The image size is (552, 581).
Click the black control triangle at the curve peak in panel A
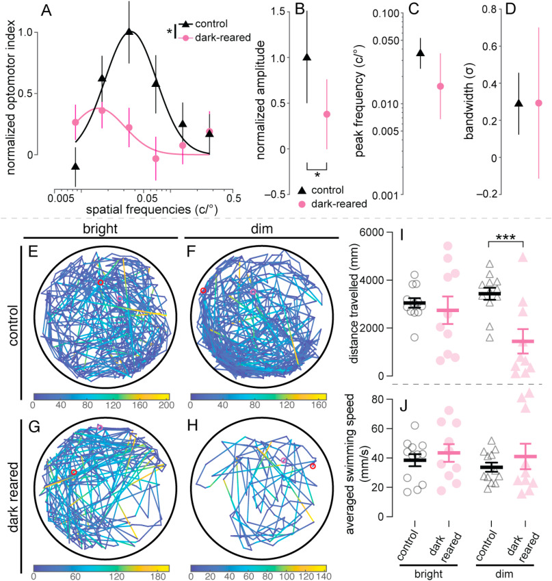coord(129,31)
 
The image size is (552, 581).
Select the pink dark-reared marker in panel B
coord(327,114)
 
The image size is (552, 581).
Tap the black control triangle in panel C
coord(420,53)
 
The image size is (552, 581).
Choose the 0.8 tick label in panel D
coord(484,10)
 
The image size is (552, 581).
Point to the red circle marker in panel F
coord(202,292)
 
